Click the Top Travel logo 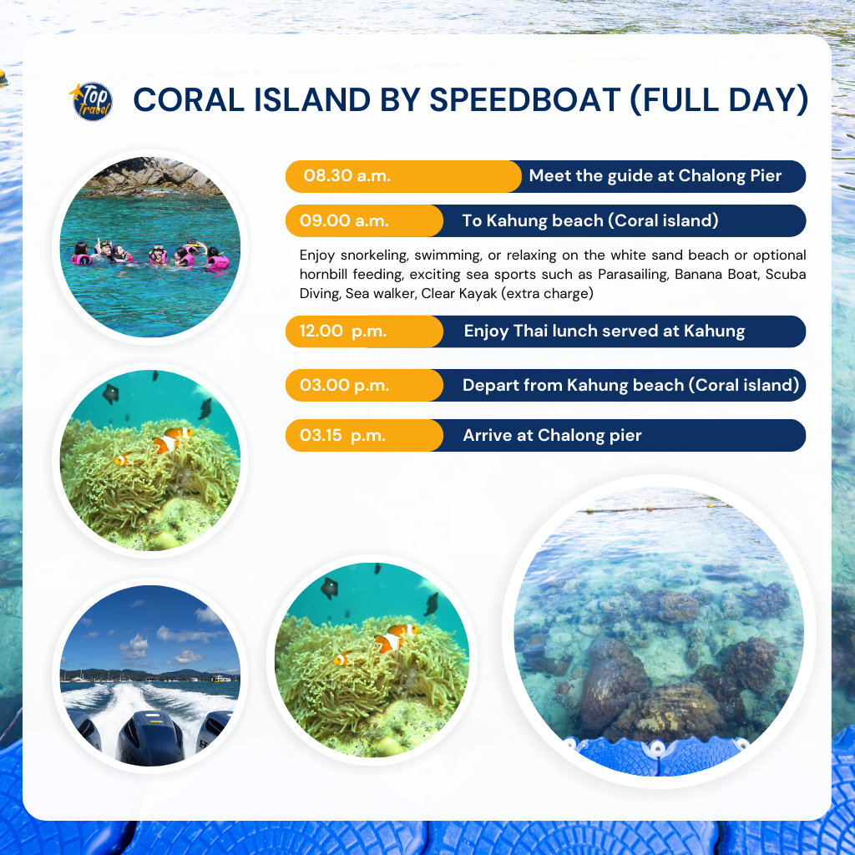(92, 101)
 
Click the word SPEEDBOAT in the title (524, 100)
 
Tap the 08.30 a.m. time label (347, 175)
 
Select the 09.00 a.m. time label (344, 220)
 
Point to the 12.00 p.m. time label (343, 331)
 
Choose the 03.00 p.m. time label (344, 385)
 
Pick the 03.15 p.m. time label (342, 435)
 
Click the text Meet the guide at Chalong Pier (655, 175)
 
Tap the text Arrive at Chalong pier (552, 435)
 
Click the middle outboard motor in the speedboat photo (151, 736)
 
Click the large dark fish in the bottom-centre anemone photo (329, 588)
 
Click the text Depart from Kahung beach (573, 385)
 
